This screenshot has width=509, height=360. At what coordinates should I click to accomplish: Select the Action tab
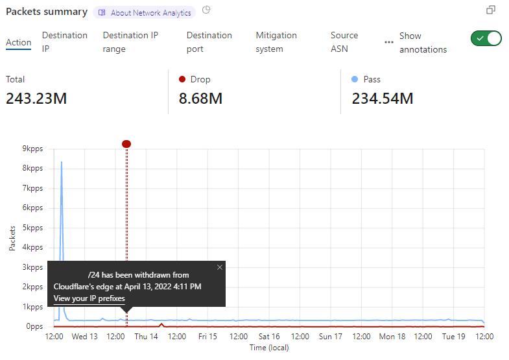(x=19, y=42)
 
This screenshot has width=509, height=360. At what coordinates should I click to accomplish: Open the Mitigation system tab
(x=276, y=42)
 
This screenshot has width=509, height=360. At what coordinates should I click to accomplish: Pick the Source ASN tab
(x=344, y=42)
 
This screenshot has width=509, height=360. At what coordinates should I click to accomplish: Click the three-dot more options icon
(x=389, y=42)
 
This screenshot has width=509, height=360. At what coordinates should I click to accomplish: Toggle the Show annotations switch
(x=486, y=38)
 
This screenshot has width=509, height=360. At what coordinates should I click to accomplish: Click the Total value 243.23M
(x=36, y=99)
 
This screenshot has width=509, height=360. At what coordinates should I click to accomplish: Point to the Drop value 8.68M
(x=201, y=99)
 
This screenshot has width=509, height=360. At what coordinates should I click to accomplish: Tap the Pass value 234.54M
(x=383, y=99)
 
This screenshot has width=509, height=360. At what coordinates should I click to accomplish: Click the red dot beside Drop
(x=182, y=79)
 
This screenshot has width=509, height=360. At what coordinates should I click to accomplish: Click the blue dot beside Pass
(x=355, y=79)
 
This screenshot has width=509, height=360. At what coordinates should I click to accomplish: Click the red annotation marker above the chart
(x=126, y=143)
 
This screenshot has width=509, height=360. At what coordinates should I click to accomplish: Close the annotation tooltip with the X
(x=219, y=267)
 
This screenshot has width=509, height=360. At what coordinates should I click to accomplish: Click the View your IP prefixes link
(x=89, y=298)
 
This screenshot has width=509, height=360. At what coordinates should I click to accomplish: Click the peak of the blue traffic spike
(x=62, y=162)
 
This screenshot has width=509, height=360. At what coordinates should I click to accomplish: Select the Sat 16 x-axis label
(x=269, y=337)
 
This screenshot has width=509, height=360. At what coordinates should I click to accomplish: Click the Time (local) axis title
(x=269, y=348)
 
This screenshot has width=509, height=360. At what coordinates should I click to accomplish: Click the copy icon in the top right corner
(x=491, y=10)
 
